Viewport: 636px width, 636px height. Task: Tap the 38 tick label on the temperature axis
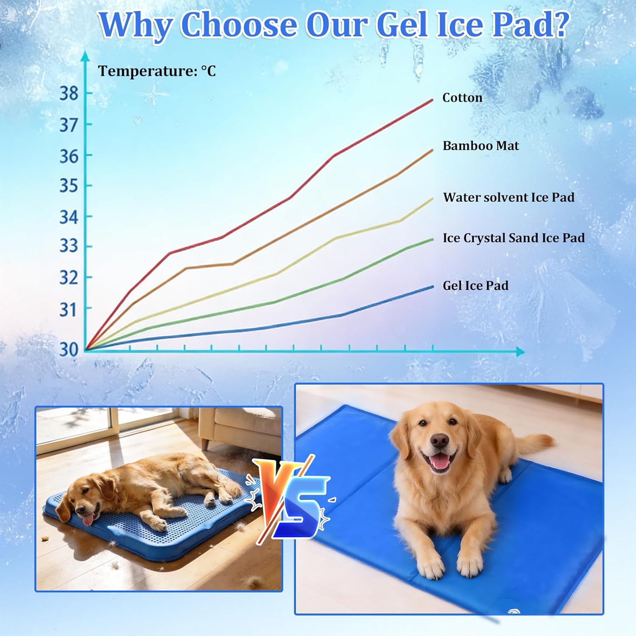click(x=69, y=93)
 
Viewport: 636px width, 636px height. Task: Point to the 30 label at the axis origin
click(x=69, y=349)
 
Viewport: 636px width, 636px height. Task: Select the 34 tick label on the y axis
click(x=69, y=217)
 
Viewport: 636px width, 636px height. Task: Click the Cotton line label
click(x=462, y=98)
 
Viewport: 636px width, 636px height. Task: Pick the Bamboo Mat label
click(x=481, y=145)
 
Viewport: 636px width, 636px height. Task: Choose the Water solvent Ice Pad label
click(x=509, y=197)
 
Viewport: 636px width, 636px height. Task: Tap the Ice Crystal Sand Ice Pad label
click(x=513, y=238)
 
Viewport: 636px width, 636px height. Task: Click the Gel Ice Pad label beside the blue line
click(x=475, y=285)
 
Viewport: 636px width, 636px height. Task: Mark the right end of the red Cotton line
click(x=432, y=100)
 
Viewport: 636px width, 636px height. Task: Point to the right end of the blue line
click(x=432, y=287)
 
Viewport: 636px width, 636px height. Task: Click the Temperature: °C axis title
click(x=157, y=71)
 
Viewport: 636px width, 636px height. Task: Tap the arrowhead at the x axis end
click(x=520, y=351)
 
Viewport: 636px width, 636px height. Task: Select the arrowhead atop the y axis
click(x=86, y=56)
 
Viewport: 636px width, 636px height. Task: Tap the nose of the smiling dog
click(x=439, y=441)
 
